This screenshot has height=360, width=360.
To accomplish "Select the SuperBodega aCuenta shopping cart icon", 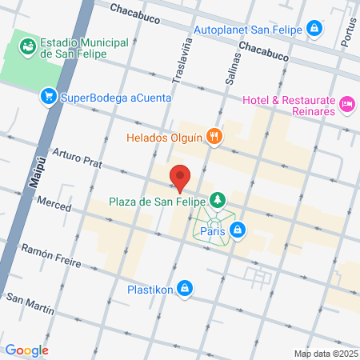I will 49,97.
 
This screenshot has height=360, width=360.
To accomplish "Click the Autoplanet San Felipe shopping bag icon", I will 315,30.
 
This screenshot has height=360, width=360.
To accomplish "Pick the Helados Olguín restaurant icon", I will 214,136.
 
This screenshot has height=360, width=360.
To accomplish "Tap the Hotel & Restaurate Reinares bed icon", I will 346,103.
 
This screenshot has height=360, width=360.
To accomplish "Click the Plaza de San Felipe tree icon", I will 216,199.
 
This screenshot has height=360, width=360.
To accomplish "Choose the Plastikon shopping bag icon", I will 185,287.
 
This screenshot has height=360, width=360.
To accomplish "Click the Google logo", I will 26,350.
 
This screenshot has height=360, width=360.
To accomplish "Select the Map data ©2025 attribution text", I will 325,354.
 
